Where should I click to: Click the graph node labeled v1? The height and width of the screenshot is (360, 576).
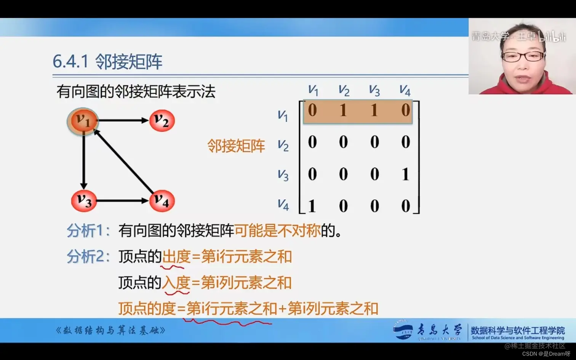[83, 121]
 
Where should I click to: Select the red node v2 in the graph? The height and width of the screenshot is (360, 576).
[162, 121]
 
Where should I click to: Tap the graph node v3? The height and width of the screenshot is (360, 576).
[84, 200]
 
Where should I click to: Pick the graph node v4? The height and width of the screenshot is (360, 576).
[162, 201]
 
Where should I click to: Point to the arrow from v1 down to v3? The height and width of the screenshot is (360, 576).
[84, 160]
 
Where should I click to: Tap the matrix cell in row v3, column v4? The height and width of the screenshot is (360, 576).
[405, 174]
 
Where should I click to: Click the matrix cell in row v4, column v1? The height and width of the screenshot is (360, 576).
[312, 206]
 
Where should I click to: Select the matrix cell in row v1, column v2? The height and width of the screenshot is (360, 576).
[343, 110]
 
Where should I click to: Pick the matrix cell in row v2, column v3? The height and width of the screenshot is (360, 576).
[374, 142]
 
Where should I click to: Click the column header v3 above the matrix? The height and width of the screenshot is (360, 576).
[374, 91]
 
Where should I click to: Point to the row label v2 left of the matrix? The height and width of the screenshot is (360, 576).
[283, 146]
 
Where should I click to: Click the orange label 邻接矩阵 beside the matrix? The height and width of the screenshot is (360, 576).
[236, 146]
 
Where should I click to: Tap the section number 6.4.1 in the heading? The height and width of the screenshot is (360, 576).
[70, 61]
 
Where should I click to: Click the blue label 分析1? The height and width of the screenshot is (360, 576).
[88, 230]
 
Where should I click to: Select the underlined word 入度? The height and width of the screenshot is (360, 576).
[176, 283]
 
